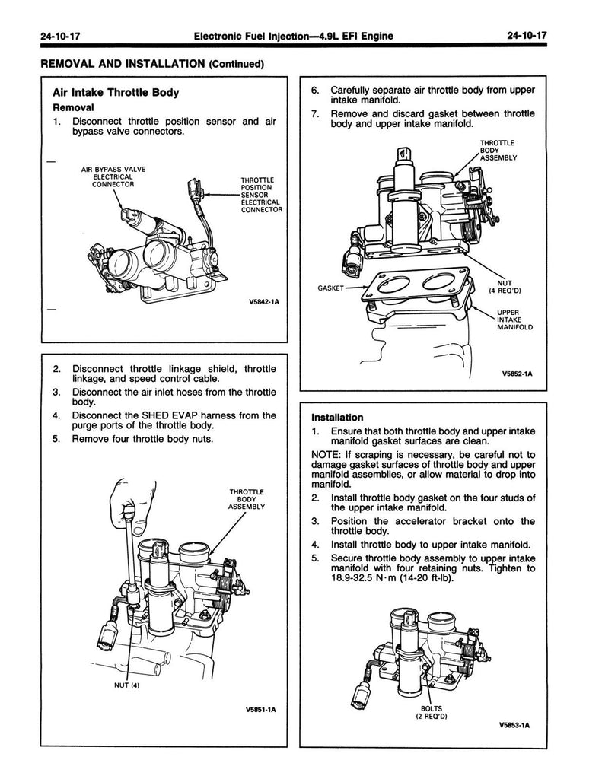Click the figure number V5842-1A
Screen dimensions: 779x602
pyautogui.click(x=264, y=302)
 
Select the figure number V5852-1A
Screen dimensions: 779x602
pyautogui.click(x=517, y=374)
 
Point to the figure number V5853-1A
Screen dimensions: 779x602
pyautogui.click(x=514, y=724)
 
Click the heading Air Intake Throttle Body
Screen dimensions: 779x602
pyautogui.click(x=116, y=93)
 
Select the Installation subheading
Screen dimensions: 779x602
pyautogui.click(x=337, y=418)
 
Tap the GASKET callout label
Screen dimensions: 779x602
pyautogui.click(x=330, y=289)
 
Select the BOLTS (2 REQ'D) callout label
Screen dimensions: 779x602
pyautogui.click(x=431, y=712)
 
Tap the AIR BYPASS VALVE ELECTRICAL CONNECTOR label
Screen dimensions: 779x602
pyautogui.click(x=113, y=176)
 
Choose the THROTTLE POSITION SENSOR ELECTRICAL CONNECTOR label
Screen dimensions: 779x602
pyautogui.click(x=261, y=195)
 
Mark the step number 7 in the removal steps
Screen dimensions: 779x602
pyautogui.click(x=315, y=114)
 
